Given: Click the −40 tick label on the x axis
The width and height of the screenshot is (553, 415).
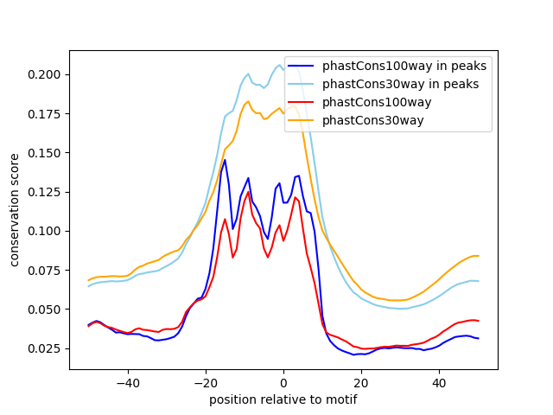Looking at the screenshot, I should (128, 382).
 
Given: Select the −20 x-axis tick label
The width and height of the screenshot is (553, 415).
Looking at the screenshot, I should (206, 382).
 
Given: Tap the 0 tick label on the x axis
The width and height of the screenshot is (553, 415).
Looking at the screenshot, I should (283, 382).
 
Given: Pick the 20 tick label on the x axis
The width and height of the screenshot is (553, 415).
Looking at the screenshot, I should (361, 382).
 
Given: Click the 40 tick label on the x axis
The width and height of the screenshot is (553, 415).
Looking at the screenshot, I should (439, 382).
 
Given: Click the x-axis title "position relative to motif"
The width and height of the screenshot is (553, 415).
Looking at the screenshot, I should (283, 399).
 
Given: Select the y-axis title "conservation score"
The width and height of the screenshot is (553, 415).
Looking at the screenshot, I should (16, 210).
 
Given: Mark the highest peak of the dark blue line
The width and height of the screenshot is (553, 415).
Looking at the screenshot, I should (225, 160).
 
